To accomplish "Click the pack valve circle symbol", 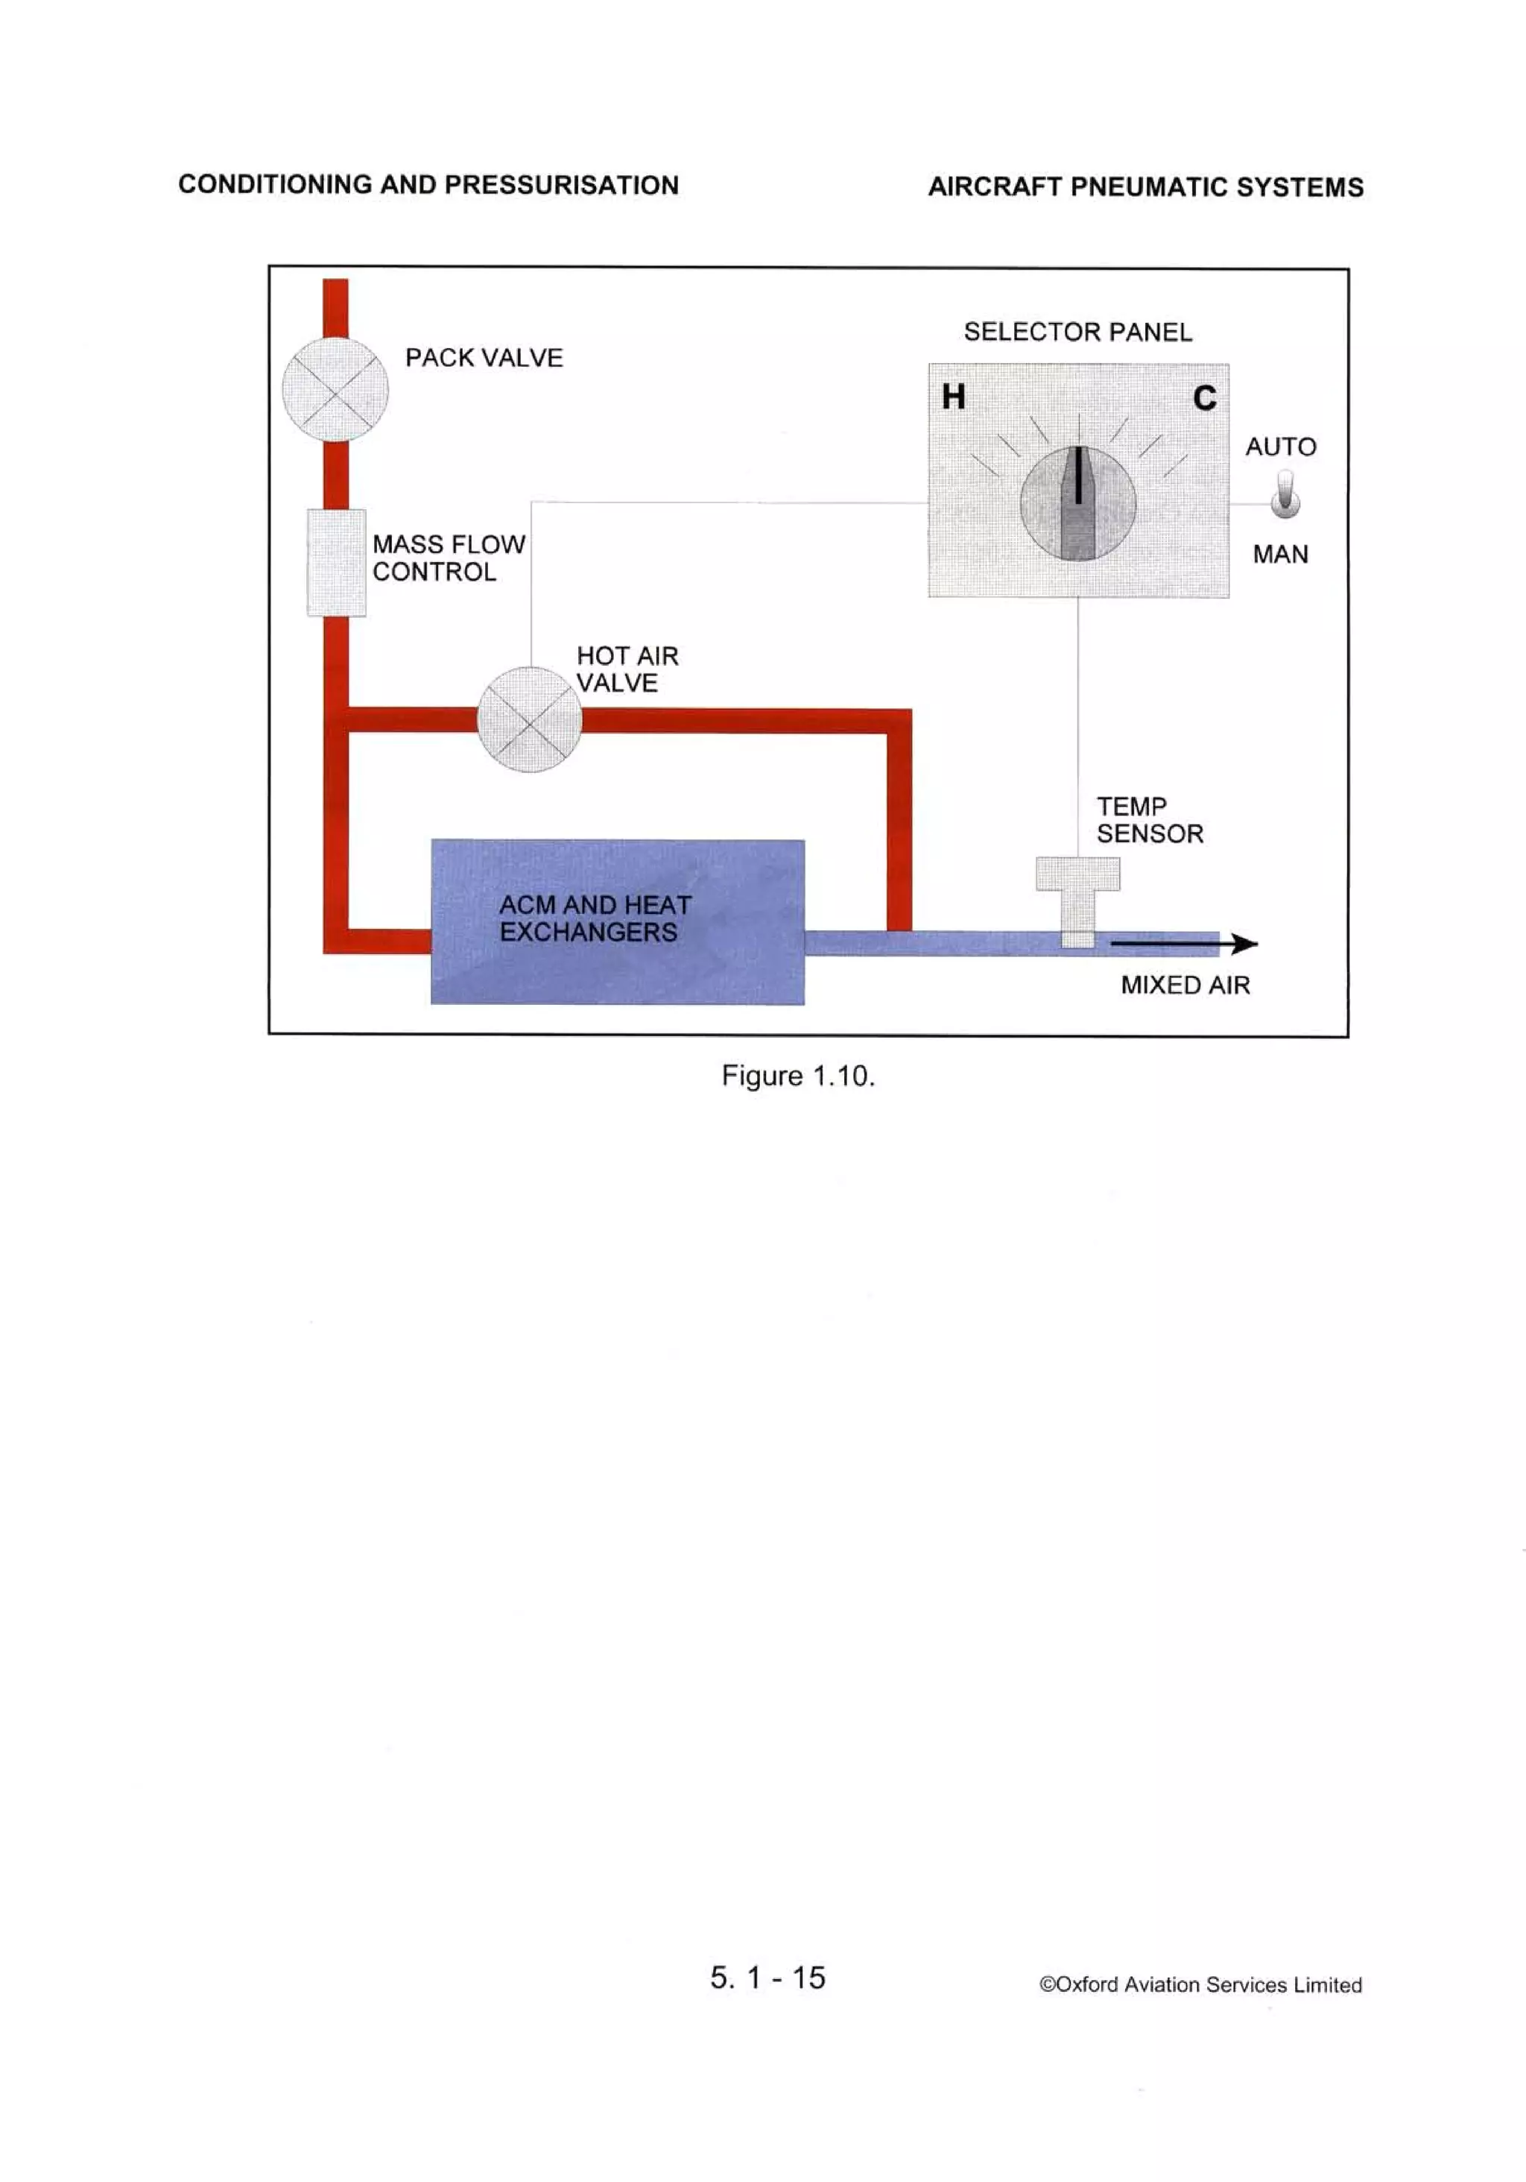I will point(335,390).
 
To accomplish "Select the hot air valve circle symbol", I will point(529,719).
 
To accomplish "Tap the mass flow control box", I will point(336,563).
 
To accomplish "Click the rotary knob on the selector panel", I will point(1077,504).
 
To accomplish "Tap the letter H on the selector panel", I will point(953,397).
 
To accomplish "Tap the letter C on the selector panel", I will point(1204,398).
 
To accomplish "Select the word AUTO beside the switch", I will point(1281,447).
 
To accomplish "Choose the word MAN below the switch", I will point(1280,554).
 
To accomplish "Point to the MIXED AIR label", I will point(1185,985).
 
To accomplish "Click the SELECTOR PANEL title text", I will point(1077,332).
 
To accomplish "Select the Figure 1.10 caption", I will point(798,1076).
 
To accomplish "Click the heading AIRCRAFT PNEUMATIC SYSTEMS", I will point(1145,187).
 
